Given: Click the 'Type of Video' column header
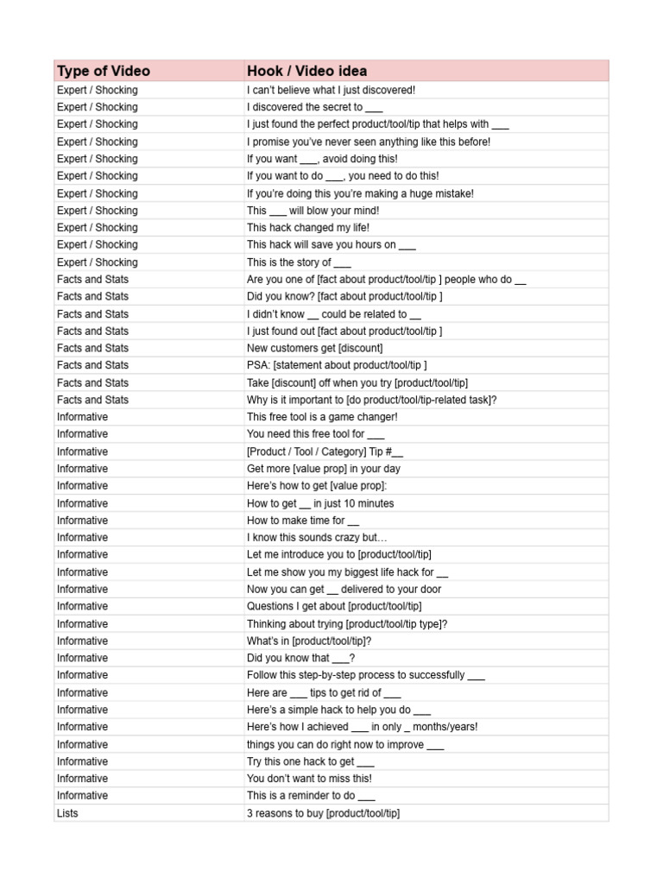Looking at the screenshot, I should (104, 71).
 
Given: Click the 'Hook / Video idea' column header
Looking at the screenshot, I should (306, 71).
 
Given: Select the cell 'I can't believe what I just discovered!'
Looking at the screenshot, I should (331, 90).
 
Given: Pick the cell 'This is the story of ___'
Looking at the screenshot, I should (299, 262).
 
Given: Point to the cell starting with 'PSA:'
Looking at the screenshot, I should (337, 365).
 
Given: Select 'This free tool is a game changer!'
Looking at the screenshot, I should (322, 417).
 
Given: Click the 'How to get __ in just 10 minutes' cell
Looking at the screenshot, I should (320, 503).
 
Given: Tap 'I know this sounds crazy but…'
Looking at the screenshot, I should (317, 538).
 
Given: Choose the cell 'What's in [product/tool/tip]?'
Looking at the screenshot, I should (309, 641).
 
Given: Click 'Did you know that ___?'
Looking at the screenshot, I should (300, 658).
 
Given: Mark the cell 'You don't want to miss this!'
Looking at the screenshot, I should (309, 779).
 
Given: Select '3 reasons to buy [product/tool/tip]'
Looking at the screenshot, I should (323, 813).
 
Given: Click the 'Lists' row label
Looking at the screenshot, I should (67, 813).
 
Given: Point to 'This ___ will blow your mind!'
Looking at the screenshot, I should (313, 211).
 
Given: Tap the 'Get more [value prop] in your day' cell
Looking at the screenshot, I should (323, 469).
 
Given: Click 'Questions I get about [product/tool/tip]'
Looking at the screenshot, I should (333, 606).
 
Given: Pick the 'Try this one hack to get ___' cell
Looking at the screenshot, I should (310, 761).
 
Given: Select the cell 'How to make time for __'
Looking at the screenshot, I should (302, 521).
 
